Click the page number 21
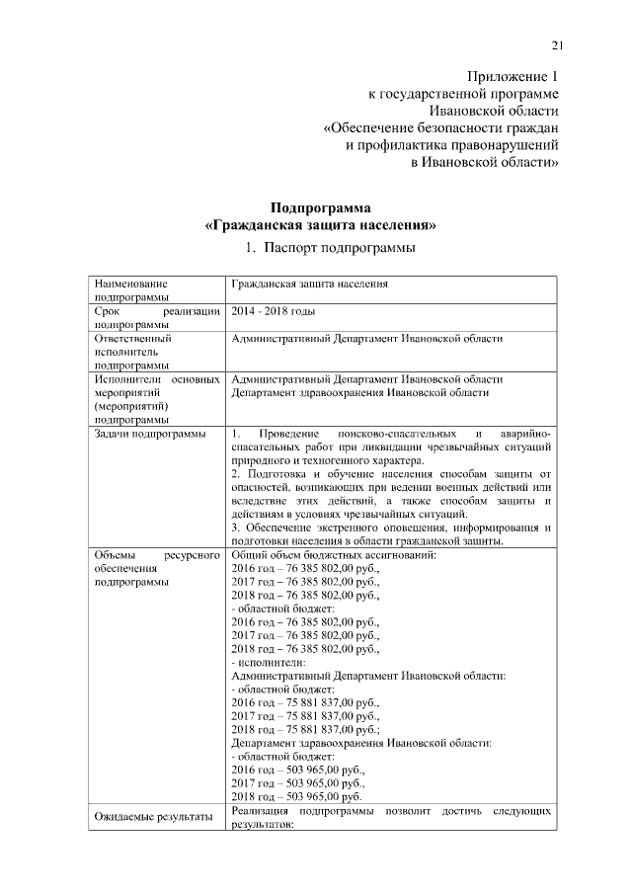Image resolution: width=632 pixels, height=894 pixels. pyautogui.click(x=557, y=44)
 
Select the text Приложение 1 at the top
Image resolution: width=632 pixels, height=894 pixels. pyautogui.click(x=512, y=78)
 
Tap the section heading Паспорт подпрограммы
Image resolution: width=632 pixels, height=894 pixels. pyautogui.click(x=331, y=247)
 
